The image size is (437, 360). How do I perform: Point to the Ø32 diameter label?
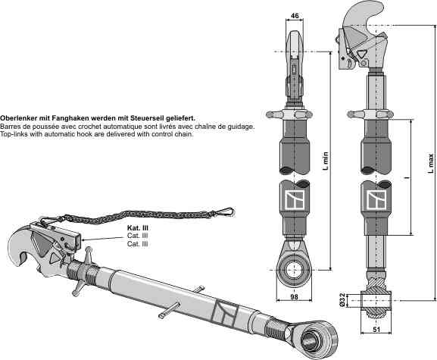(343, 300)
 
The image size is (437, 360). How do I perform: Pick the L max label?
(431, 163)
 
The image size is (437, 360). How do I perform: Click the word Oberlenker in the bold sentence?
(20, 119)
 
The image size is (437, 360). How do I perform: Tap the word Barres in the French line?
(11, 127)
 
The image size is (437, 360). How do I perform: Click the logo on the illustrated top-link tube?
(224, 311)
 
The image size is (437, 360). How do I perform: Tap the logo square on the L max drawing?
(375, 201)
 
